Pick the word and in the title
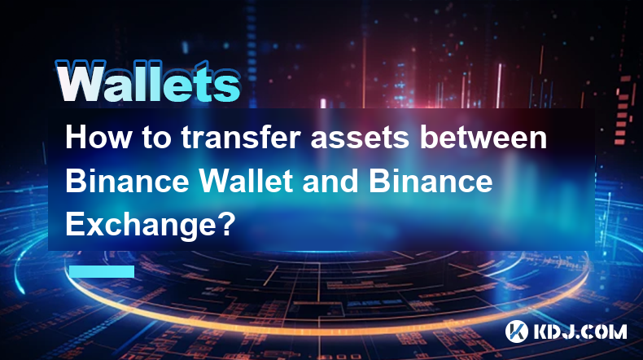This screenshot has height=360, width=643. pyautogui.click(x=330, y=181)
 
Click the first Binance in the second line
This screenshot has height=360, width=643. pyautogui.click(x=128, y=181)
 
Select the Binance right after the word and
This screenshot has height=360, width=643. pyautogui.click(x=431, y=181)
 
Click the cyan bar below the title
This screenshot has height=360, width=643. pyautogui.click(x=102, y=271)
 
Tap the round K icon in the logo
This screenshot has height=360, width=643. pyautogui.click(x=517, y=331)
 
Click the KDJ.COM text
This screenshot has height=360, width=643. pyautogui.click(x=580, y=331)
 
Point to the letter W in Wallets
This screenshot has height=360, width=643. pyautogui.click(x=81, y=82)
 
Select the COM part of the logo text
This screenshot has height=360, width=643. pyautogui.click(x=604, y=331)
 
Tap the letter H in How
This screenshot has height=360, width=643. pyautogui.click(x=75, y=138)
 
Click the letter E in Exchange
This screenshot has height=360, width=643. pyautogui.click(x=74, y=224)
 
